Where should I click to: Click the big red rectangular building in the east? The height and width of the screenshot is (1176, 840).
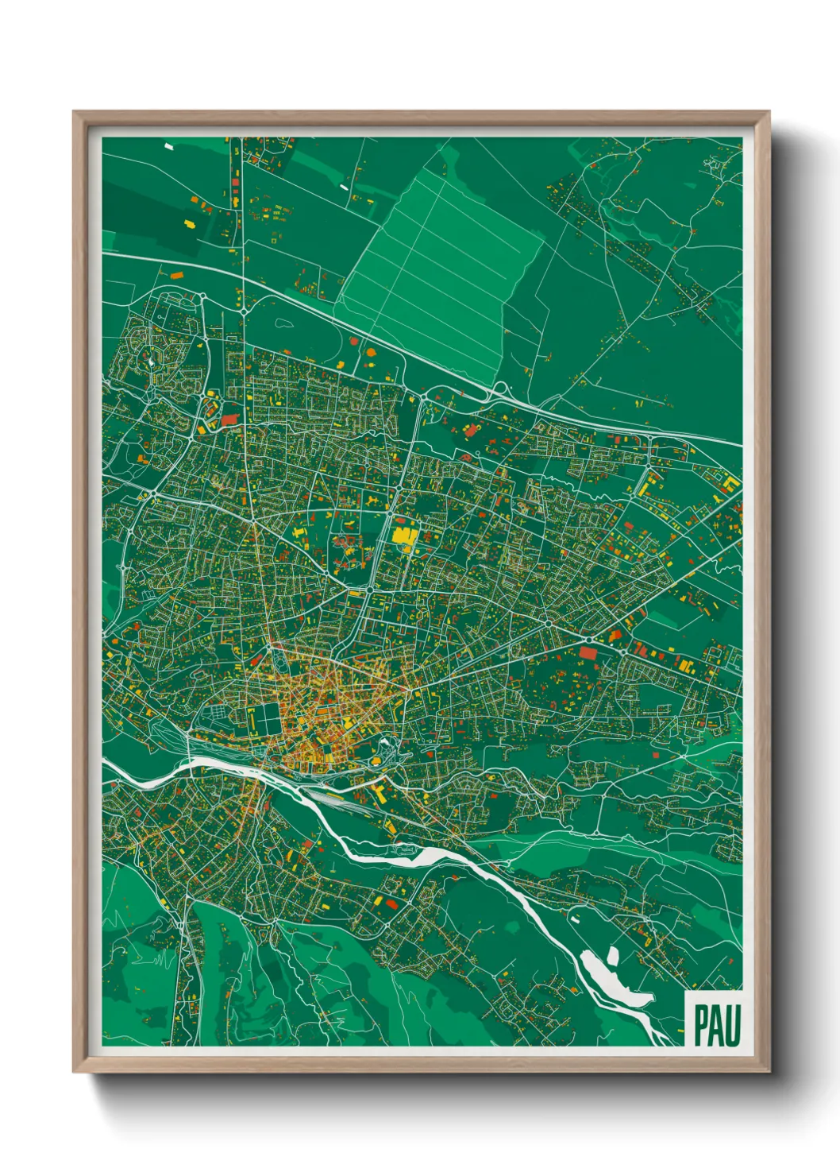[x=588, y=652]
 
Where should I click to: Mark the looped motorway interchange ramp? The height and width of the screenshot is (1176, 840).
[x=499, y=390]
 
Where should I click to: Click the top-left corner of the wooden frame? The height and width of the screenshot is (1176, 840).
[x=74, y=113]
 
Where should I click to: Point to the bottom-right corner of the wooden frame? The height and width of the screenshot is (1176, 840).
[x=769, y=1071]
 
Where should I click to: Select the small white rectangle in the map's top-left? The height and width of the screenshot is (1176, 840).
[x=168, y=146]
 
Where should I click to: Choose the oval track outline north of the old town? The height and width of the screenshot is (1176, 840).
[x=279, y=658]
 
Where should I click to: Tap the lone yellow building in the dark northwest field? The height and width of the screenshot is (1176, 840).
[x=190, y=224]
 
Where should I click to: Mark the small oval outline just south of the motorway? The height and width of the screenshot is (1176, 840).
[x=283, y=323]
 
